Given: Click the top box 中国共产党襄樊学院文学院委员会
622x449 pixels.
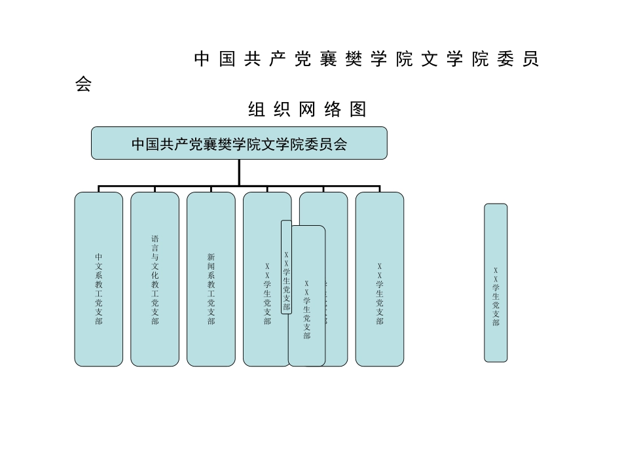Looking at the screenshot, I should point(239,143).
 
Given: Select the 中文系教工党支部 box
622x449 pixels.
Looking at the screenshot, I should point(98,279).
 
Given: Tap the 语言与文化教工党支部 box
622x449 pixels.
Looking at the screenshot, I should point(155,279).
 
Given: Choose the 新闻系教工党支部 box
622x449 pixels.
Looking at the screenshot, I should point(211,279).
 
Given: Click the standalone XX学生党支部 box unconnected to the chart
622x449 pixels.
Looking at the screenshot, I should point(496,283).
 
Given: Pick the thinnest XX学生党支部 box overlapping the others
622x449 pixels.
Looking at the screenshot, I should point(286,267).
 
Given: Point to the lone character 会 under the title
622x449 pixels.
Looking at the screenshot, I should point(83,85).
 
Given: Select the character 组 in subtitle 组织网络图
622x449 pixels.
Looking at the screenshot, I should point(257,110).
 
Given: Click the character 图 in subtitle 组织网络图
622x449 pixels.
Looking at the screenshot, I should point(358,110).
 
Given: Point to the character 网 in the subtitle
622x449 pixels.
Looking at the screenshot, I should point(307,110).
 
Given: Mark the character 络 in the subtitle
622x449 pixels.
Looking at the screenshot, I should point(333,110).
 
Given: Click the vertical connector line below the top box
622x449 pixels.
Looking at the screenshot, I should point(239,172).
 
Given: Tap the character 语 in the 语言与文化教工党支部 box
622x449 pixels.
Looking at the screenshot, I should point(155,239).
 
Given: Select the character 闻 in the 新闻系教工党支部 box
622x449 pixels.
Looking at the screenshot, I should point(211,266).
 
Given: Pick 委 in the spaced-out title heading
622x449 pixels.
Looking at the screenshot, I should point(505,60).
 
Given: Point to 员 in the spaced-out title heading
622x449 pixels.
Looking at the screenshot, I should point(531,60).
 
